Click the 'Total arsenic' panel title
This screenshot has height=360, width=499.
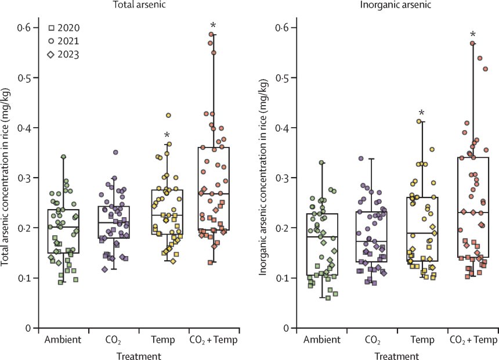tap(137, 5)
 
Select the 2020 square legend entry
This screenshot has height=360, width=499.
tap(64, 28)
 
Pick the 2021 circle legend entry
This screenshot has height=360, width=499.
tap(64, 41)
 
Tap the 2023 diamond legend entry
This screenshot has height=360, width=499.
tap(64, 55)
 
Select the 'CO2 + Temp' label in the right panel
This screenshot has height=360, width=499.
tap(473, 339)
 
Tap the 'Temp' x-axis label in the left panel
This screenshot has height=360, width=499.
tap(164, 339)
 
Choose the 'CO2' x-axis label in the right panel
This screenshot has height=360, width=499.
tap(372, 339)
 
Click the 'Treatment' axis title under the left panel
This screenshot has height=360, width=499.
tap(138, 353)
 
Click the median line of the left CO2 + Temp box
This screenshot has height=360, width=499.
tap(214, 194)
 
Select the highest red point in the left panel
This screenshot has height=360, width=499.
tap(212, 35)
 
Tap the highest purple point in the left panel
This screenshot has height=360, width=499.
tap(115, 152)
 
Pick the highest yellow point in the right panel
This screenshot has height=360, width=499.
tap(418, 121)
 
